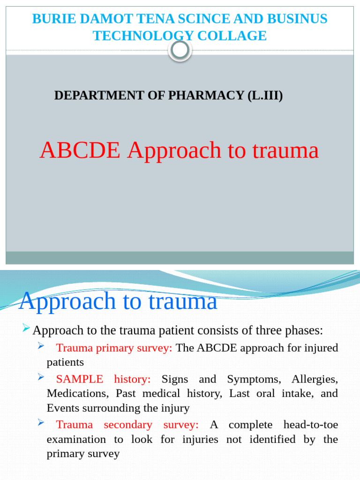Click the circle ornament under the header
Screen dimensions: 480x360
(x=180, y=50)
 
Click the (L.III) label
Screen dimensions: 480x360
(x=265, y=96)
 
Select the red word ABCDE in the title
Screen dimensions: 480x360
(x=81, y=150)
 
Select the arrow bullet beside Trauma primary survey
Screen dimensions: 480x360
(x=41, y=346)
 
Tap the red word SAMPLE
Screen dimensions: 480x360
(x=79, y=379)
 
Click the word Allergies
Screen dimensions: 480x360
(x=315, y=379)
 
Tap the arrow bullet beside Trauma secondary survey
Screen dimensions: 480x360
(x=41, y=423)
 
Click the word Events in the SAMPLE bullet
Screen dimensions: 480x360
(x=62, y=408)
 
